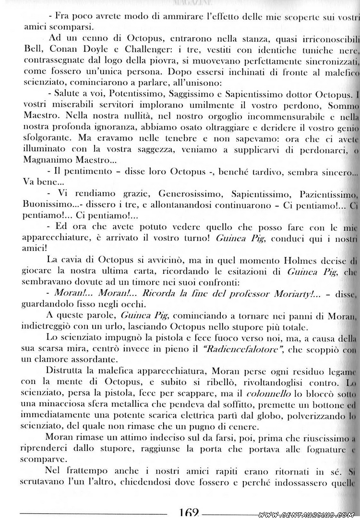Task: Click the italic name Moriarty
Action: tap(280, 294)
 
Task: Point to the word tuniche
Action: tap(291, 49)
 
